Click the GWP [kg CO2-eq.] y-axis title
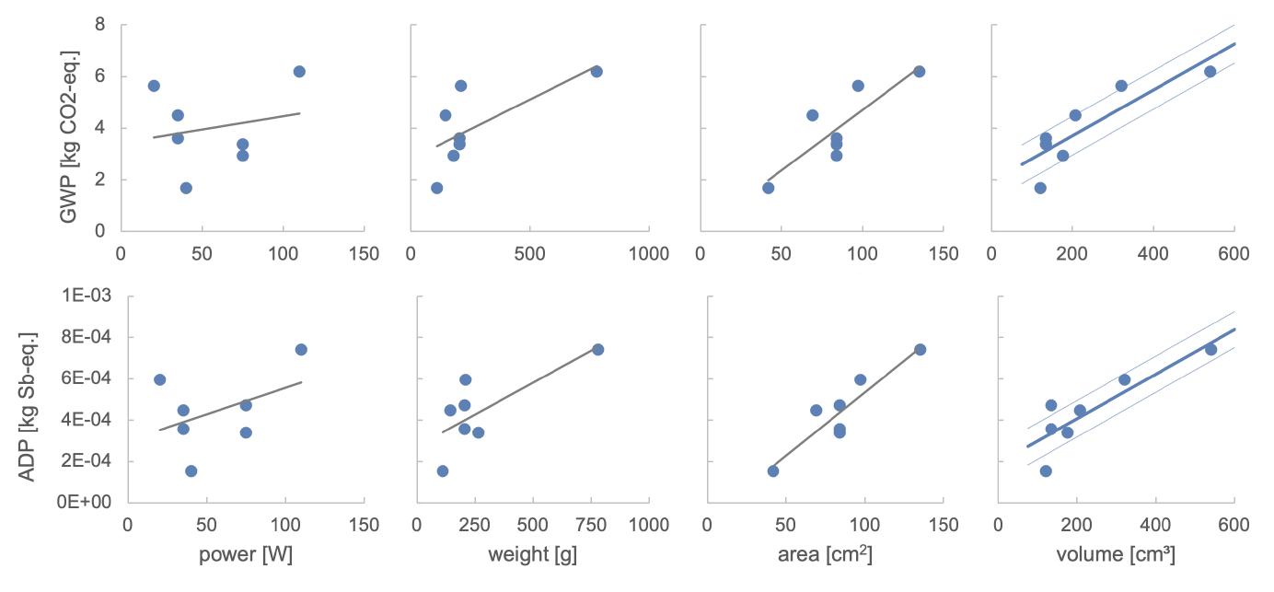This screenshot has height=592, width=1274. pos(69,136)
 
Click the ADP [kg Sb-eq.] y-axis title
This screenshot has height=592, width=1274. pos(28,407)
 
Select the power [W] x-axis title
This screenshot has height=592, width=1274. pos(246,554)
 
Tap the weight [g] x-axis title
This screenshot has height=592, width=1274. pos(533,554)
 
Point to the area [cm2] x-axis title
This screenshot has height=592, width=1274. pos(825,554)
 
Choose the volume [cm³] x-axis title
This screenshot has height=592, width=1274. pos(1116,554)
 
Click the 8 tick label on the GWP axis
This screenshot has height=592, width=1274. pos(100,25)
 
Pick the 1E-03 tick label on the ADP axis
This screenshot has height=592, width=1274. pos(87,296)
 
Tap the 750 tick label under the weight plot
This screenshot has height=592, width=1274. pos(591,524)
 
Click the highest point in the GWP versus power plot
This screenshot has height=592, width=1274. pos(299,72)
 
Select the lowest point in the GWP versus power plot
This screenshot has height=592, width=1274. pos(186,188)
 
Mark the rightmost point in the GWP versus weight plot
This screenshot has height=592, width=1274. pos(596,72)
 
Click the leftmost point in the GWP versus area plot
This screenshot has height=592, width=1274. pos(769,188)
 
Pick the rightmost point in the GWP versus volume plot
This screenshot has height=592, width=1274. pos(1210,72)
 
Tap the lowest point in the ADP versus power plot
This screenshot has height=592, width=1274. pos(191,470)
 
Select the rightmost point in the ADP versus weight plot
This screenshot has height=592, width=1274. pos(597,350)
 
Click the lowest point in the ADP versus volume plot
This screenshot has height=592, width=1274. pos(1046,470)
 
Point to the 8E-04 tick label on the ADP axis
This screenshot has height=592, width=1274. pos(87,337)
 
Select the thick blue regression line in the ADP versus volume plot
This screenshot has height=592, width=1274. pos(1131,388)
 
